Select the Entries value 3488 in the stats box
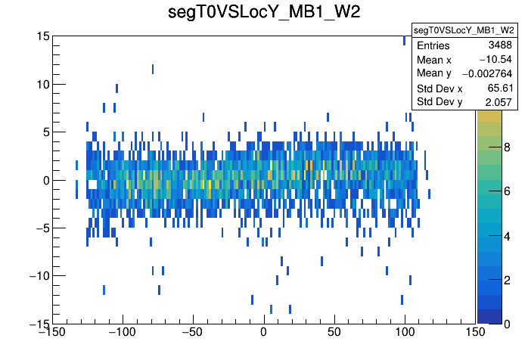[500, 45]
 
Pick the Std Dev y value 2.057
[499, 101]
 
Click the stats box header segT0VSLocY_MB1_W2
[464, 30]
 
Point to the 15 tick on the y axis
[42, 36]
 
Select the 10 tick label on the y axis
[42, 84]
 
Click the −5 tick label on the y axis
[40, 228]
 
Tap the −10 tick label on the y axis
[37, 275]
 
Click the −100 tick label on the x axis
[121, 332]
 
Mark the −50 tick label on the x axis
[192, 332]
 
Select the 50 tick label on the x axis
[334, 332]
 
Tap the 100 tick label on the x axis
[405, 332]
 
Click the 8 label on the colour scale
[506, 149]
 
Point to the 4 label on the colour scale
[506, 237]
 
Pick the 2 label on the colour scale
[506, 281]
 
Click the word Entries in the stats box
[433, 45]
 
